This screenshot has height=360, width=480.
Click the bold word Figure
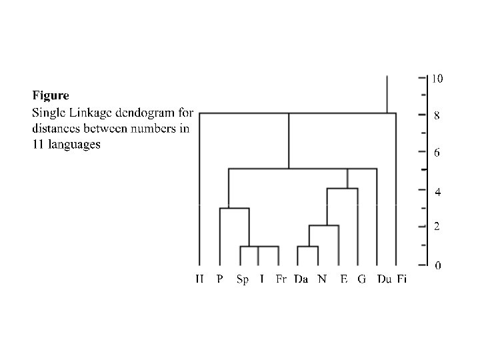coord(51,96)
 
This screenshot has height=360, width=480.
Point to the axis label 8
coord(437,115)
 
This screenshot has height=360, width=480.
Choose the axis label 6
coord(437,153)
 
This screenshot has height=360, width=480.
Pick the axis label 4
coord(437,192)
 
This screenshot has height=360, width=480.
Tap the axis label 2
coord(437,227)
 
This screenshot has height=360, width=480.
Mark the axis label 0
coord(437,266)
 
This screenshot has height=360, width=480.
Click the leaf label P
coord(220,279)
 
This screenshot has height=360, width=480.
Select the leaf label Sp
coord(243,279)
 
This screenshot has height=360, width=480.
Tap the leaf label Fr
coord(281,279)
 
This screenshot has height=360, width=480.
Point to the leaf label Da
coord(301,279)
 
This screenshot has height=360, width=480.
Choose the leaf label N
coord(322,279)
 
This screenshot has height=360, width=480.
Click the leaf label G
coord(361,279)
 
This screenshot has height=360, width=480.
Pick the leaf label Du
coord(383,279)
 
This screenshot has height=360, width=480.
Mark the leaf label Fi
coord(401,279)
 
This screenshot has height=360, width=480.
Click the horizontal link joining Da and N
coord(308,247)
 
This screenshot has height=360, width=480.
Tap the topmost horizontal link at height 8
coord(293,113)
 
